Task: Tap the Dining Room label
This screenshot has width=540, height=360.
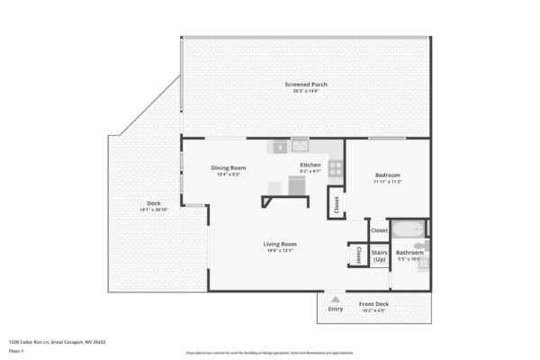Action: (229, 167)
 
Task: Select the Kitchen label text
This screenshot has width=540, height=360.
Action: (310, 165)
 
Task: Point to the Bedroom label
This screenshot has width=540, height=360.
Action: (387, 175)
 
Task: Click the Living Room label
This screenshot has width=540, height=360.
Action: (280, 244)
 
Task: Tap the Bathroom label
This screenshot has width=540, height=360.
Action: (409, 253)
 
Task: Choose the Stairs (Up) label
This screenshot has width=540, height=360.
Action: (379, 256)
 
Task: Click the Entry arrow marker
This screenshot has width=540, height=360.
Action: (336, 298)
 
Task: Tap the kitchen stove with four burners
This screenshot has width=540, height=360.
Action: (335, 166)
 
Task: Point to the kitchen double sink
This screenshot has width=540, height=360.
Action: (299, 145)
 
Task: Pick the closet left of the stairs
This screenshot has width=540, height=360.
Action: (357, 254)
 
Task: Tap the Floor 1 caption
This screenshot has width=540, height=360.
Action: (16, 351)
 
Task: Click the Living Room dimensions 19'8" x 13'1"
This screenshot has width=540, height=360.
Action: (280, 251)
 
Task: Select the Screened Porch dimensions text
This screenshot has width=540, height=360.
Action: (306, 91)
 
